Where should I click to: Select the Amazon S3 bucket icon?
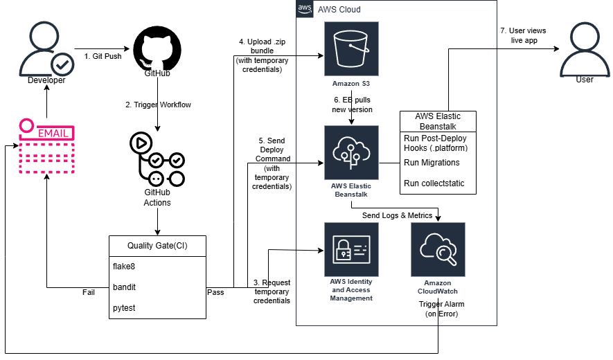coord(351,48)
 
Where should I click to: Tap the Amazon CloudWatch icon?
coord(438,249)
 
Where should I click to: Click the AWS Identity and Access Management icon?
coord(351,249)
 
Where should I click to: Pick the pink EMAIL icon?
coord(47,146)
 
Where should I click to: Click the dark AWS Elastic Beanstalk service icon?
coord(351,152)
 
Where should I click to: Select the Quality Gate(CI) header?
coord(157,246)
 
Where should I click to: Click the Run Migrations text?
coord(432,163)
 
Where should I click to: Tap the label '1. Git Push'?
coord(103,56)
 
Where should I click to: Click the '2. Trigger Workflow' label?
coord(158,105)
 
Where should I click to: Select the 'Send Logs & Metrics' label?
coord(397,215)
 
